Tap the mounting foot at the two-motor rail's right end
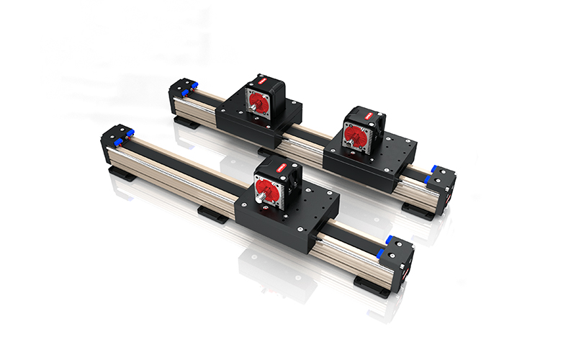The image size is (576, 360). click(417, 210)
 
